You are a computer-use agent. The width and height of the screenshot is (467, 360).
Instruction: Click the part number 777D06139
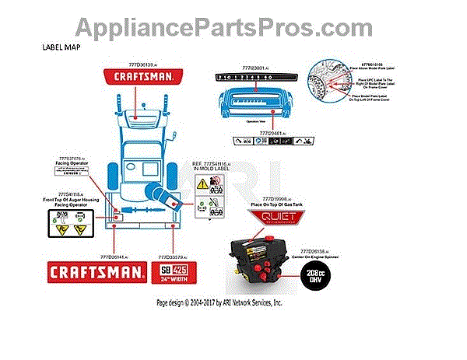point(141,64)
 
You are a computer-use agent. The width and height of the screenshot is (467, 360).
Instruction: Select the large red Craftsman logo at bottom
point(97,271)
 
